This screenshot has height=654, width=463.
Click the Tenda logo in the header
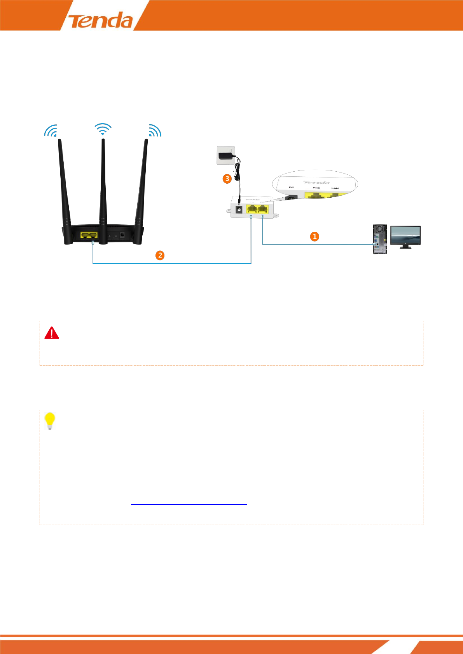click(x=100, y=20)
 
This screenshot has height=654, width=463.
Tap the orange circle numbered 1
click(x=314, y=236)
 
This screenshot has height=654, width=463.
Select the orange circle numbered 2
click(x=160, y=255)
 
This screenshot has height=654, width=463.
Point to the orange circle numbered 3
click(x=227, y=179)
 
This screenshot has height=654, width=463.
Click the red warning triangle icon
click(x=52, y=333)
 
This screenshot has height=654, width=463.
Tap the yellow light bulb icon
click(x=50, y=421)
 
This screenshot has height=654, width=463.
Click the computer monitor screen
click(x=405, y=235)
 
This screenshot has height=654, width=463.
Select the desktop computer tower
click(x=379, y=239)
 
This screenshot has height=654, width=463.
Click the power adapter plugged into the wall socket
click(x=226, y=156)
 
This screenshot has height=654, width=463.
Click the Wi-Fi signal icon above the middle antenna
click(x=103, y=129)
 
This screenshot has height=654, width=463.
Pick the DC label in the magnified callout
click(x=292, y=188)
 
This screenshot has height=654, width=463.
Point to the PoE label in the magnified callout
click(x=316, y=188)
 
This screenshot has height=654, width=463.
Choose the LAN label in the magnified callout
click(x=335, y=188)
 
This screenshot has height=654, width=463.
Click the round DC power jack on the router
click(x=122, y=235)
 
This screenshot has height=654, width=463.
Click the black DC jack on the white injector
click(x=239, y=210)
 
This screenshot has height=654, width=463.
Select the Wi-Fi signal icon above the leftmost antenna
click(x=51, y=131)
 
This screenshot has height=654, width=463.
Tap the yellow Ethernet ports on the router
click(x=89, y=235)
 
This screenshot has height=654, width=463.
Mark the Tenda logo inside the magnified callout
click(x=317, y=182)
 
